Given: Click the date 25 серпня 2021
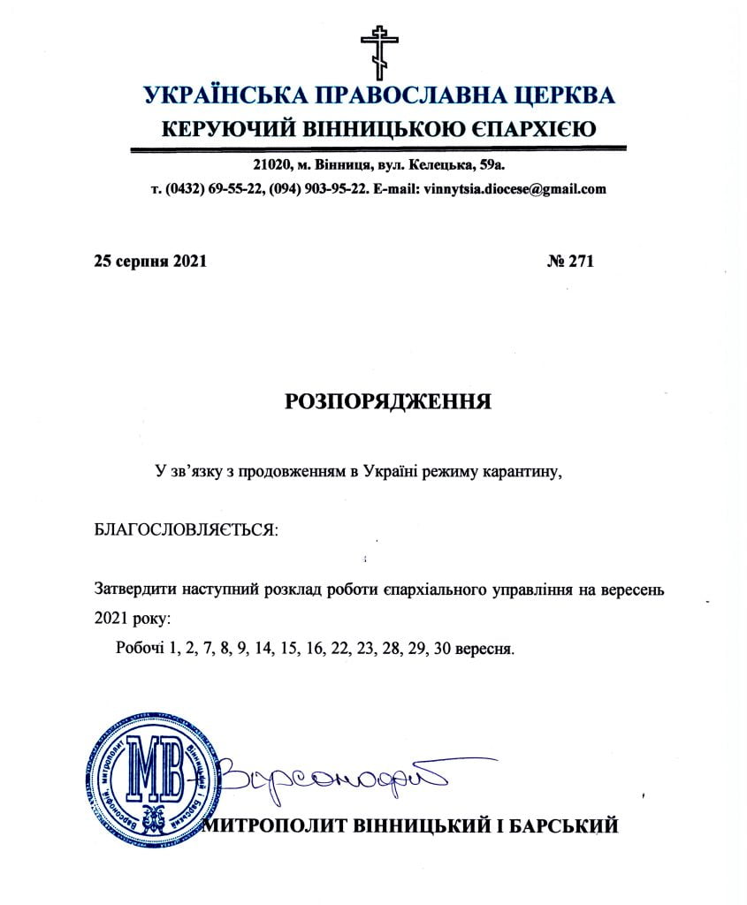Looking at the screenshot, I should pyautogui.click(x=149, y=262).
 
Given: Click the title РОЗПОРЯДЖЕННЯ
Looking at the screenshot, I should pyautogui.click(x=388, y=401).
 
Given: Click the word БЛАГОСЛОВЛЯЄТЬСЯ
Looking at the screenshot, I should pyautogui.click(x=185, y=531).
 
